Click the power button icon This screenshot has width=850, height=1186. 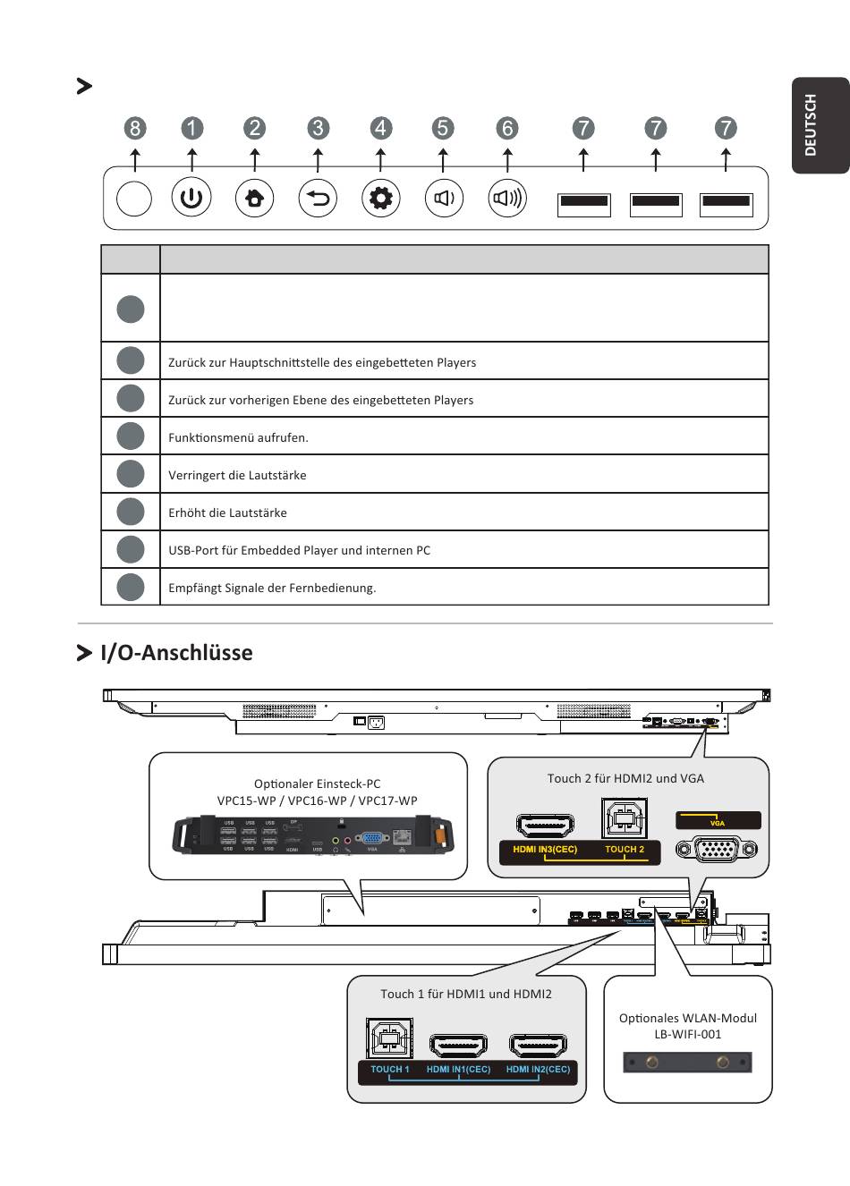pos(191,198)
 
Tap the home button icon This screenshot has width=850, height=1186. pos(254,198)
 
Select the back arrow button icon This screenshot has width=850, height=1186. pos(318,198)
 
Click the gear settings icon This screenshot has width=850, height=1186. pos(381,198)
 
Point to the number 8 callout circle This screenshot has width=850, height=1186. pos(135,128)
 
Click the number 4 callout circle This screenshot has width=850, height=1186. pos(381,128)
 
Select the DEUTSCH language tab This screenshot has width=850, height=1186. pos(812,125)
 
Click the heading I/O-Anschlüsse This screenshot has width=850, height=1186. pos(176,652)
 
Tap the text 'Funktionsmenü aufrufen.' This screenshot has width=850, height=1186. pos(238,437)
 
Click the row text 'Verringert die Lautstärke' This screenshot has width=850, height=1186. pos(237,475)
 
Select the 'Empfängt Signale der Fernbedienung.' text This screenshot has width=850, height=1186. pos(272,588)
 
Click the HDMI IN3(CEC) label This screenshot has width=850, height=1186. pos(545,849)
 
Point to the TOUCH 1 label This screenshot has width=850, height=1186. pos(390,1069)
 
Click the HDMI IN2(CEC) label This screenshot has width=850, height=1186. pos(538,1069)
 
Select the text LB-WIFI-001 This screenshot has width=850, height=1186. pos(687,1034)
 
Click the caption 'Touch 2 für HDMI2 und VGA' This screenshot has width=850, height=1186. pos(625,778)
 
